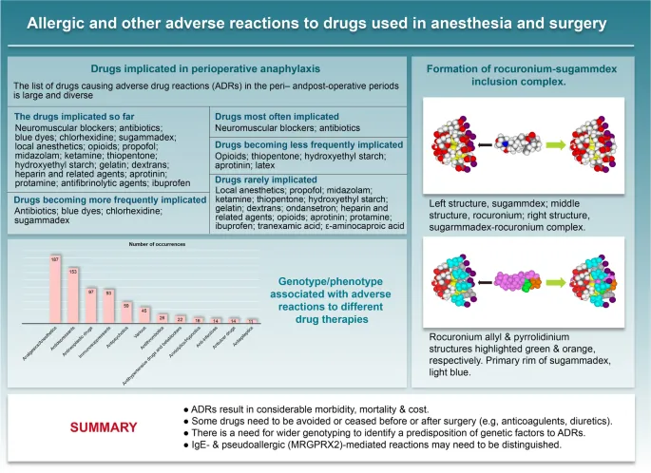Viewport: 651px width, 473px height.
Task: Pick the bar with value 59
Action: coord(127,314)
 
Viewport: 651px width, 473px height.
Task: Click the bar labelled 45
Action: coord(145,317)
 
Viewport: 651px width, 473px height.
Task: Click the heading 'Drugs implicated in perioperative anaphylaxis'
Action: coord(204,68)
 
